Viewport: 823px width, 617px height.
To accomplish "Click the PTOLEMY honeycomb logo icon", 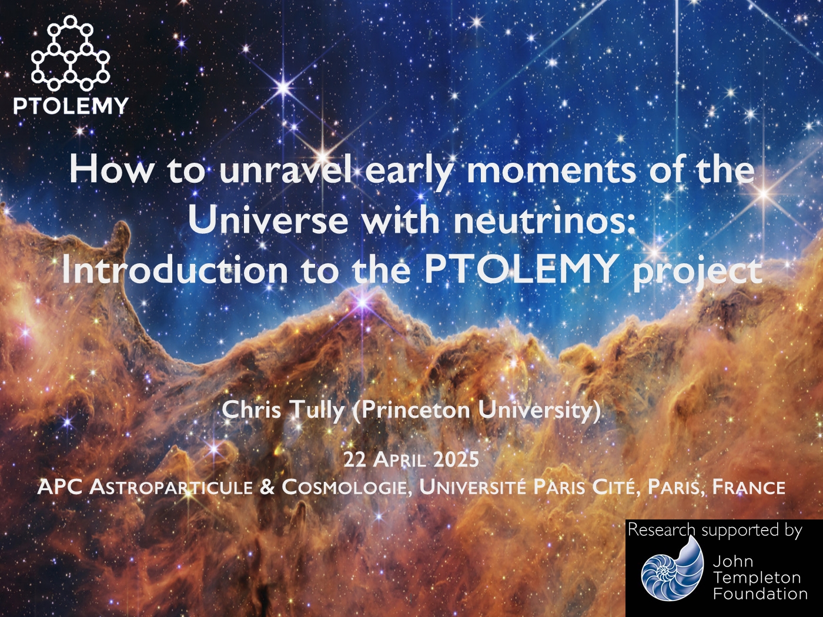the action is click(x=70, y=53).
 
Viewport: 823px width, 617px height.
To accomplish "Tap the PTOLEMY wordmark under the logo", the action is click(x=71, y=106).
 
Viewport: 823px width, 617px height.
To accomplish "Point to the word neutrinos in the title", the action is click(x=544, y=221).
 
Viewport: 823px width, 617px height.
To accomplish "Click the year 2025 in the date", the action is click(x=456, y=460).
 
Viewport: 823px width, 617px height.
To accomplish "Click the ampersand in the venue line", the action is click(x=267, y=487).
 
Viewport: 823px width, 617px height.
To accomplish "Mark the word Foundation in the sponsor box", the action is click(x=760, y=593).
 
